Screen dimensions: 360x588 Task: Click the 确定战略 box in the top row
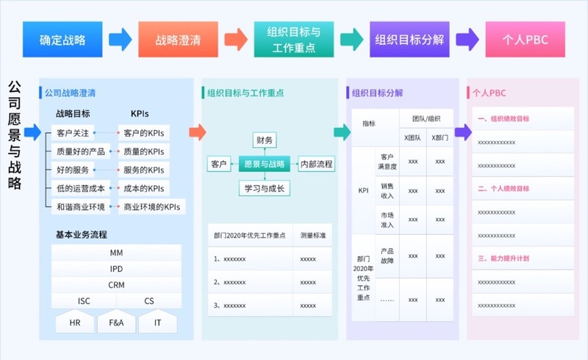(62, 40)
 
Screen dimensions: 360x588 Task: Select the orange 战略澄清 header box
(178, 40)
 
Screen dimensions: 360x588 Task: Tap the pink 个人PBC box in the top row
(525, 40)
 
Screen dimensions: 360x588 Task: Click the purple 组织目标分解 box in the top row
(409, 40)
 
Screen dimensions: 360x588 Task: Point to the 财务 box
(264, 140)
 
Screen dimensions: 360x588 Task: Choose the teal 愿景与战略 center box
(264, 164)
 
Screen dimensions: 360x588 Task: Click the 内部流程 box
(317, 164)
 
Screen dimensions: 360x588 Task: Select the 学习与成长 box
(264, 188)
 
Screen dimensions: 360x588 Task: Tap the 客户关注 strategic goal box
(73, 133)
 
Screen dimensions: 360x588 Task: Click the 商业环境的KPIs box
(152, 207)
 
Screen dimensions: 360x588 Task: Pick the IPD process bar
(116, 269)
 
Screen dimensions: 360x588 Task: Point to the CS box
(149, 300)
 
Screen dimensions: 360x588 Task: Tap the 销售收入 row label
(387, 190)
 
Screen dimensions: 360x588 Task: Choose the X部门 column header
(440, 137)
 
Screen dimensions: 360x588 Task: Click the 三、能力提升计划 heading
(504, 259)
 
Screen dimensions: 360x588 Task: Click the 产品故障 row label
(387, 256)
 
